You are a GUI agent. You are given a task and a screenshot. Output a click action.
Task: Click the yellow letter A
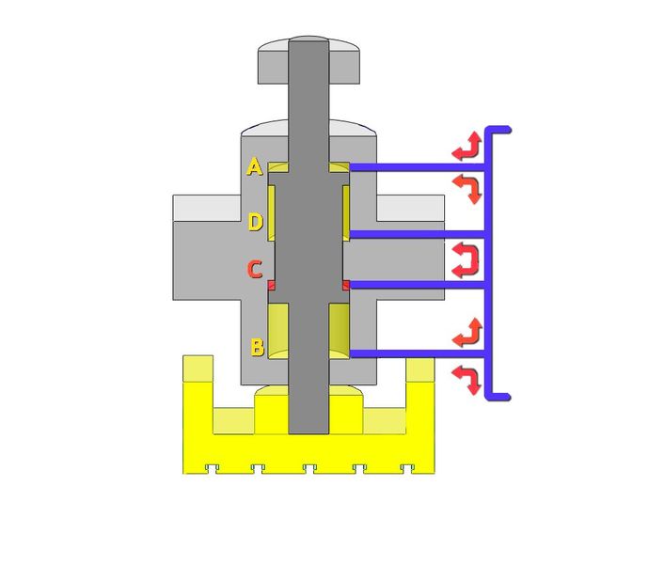254,167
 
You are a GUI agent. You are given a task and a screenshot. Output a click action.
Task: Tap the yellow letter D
255,223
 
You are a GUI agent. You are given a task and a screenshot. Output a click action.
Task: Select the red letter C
254,270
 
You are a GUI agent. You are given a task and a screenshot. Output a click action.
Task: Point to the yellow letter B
257,346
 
